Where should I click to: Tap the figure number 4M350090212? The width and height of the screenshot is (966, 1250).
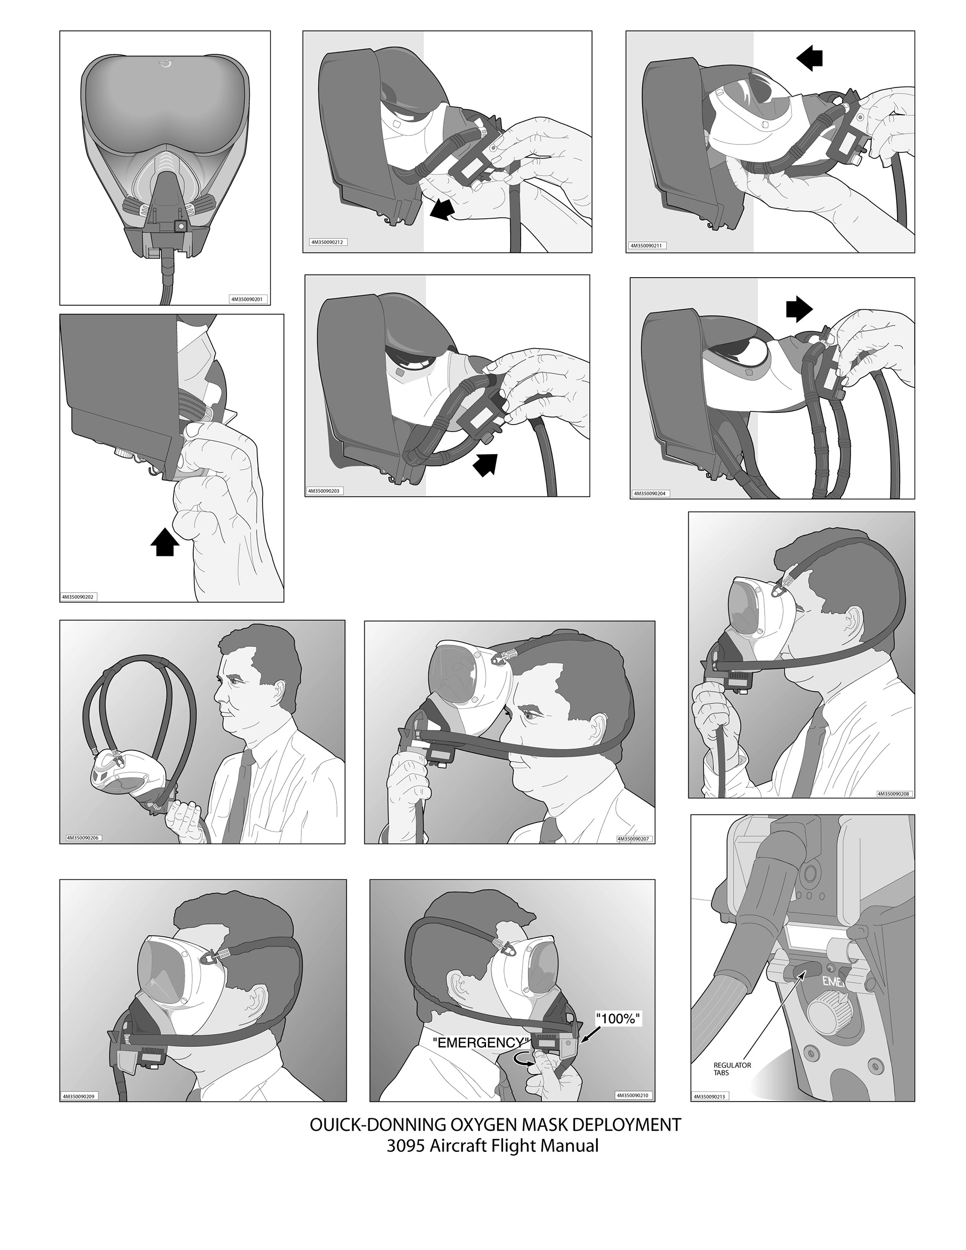(327, 242)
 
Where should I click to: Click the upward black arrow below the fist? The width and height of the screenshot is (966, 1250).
(165, 541)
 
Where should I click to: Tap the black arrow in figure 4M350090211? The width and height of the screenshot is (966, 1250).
(809, 58)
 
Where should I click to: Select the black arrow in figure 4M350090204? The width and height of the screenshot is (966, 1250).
(799, 310)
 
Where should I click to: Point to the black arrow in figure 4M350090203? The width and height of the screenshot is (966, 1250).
(485, 462)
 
